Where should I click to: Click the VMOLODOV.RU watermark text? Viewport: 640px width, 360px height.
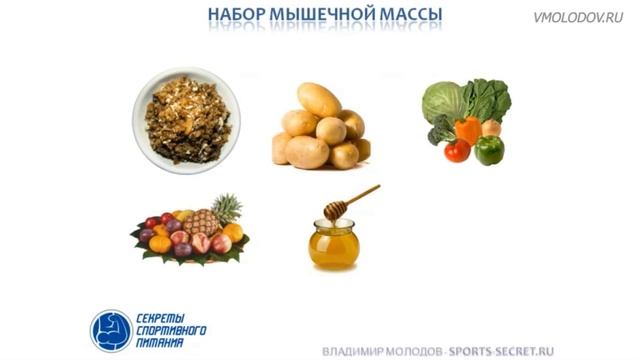click(x=579, y=17)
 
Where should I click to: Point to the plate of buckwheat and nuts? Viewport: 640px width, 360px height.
click(x=187, y=119)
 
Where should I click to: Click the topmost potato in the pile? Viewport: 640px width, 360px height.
click(x=319, y=99)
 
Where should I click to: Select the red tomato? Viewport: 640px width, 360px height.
click(x=457, y=150)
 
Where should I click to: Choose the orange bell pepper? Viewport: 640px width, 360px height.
click(x=467, y=130)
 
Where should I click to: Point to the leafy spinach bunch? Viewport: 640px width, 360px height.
click(x=486, y=98)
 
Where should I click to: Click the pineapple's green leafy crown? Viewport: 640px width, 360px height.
click(x=227, y=208)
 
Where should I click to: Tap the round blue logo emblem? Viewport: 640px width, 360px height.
click(x=111, y=330)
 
